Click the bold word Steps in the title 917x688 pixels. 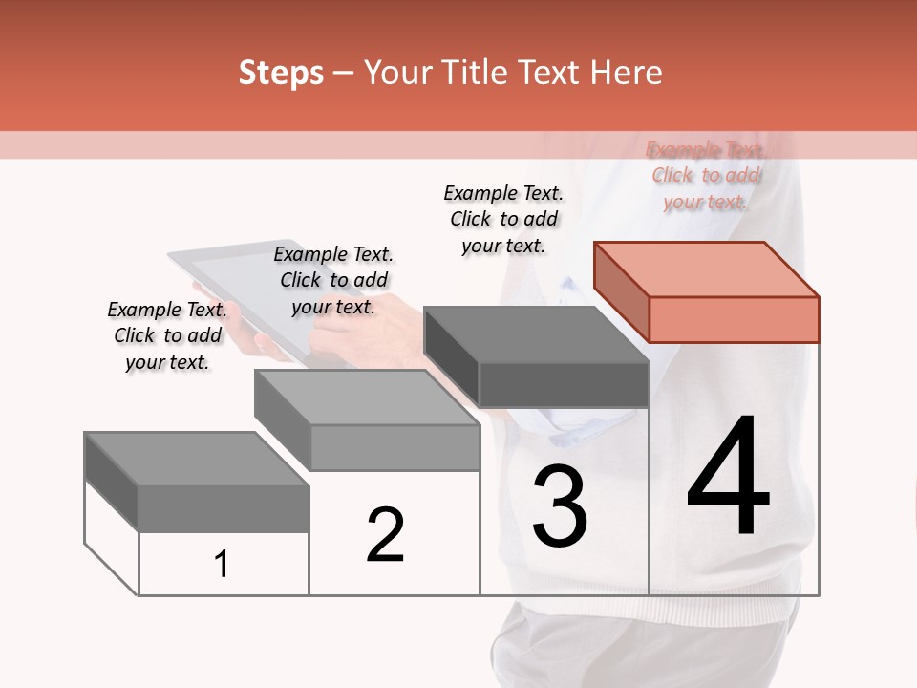[281, 73]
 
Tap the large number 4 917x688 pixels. [729, 479]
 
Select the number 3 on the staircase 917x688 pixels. [559, 506]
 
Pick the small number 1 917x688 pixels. [222, 564]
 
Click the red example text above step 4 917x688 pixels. [706, 176]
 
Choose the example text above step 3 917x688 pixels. [503, 219]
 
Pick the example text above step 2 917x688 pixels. [333, 280]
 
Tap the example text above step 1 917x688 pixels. [167, 335]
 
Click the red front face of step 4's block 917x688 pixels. [734, 319]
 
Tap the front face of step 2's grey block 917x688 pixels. [395, 447]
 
